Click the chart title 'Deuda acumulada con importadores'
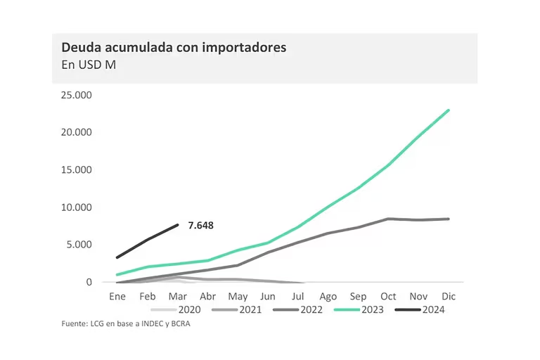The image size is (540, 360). point(173,48)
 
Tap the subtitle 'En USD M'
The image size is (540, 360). point(88,66)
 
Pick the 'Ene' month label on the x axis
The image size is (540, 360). point(117,297)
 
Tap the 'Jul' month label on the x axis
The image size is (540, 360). point(298,297)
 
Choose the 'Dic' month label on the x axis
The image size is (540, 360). point(449,297)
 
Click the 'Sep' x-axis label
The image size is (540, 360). point(358,297)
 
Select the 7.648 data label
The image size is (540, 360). point(200,226)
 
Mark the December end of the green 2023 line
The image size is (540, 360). point(449,110)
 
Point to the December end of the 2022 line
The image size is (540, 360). point(449,219)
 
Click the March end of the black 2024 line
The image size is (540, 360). point(178,225)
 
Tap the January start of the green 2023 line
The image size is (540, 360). point(117,274)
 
